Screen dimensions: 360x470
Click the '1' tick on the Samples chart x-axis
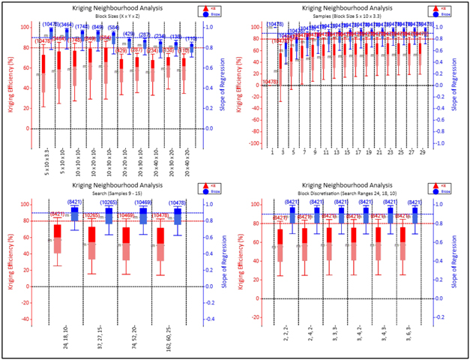pos(271,152)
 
